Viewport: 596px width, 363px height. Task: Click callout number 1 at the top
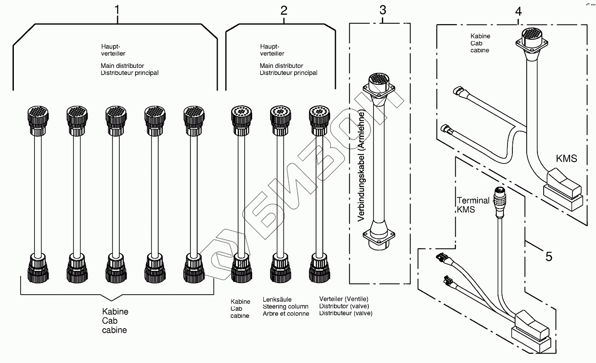pyautogui.click(x=117, y=10)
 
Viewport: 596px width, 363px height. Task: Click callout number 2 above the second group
pyautogui.click(x=284, y=11)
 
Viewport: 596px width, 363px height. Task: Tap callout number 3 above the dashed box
pyautogui.click(x=383, y=10)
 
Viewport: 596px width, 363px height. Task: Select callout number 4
pyautogui.click(x=518, y=12)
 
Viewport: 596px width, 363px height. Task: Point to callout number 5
pyautogui.click(x=549, y=257)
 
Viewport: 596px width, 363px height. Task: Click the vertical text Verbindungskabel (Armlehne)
pyautogui.click(x=361, y=167)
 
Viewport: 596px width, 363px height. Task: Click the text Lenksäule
pyautogui.click(x=277, y=300)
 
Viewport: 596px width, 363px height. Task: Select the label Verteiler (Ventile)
pyautogui.click(x=344, y=299)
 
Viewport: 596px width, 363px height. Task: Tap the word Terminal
pyautogui.click(x=473, y=200)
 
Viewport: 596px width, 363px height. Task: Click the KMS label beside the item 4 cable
pyautogui.click(x=566, y=159)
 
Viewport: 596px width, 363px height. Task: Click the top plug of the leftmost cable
pyautogui.click(x=38, y=121)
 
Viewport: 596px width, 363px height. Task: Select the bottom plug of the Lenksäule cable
pyautogui.click(x=280, y=268)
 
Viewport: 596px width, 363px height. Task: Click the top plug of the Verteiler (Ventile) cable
pyautogui.click(x=319, y=121)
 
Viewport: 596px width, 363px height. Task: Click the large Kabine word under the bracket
pyautogui.click(x=115, y=312)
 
